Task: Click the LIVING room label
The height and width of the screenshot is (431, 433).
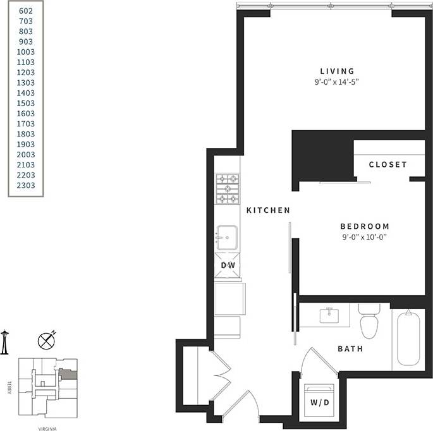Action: (x=337, y=71)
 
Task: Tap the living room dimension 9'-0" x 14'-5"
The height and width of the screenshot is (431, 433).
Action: (x=337, y=82)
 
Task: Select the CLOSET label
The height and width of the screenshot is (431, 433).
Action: (x=388, y=164)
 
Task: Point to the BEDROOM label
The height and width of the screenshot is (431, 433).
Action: (x=365, y=226)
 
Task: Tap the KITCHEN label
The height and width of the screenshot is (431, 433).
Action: (x=268, y=210)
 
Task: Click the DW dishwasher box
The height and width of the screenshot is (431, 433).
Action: (x=228, y=266)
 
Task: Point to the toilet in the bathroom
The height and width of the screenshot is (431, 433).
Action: (x=368, y=322)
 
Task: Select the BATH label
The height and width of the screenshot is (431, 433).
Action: (x=350, y=348)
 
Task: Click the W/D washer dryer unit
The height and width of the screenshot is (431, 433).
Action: (x=319, y=401)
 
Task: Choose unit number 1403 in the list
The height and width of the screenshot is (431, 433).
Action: (x=26, y=93)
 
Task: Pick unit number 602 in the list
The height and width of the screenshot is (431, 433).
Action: (x=26, y=11)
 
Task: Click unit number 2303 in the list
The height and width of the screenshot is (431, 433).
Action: (x=26, y=185)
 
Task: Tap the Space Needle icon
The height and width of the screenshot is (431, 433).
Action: (x=4, y=341)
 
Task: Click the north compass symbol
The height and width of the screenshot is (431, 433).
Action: (x=46, y=341)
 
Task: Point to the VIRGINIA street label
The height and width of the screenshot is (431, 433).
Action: (x=49, y=427)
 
